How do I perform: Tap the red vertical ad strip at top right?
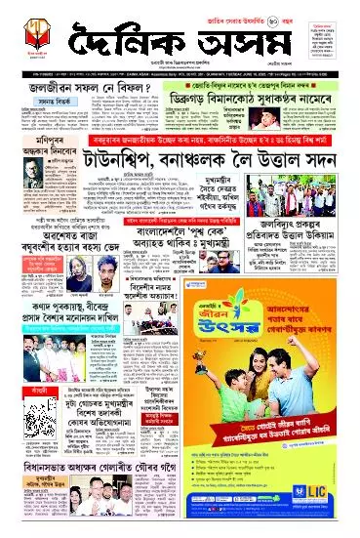pos(342,49)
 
